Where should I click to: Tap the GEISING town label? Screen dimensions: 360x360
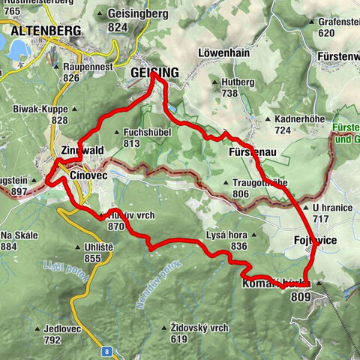[x=154, y=72]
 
